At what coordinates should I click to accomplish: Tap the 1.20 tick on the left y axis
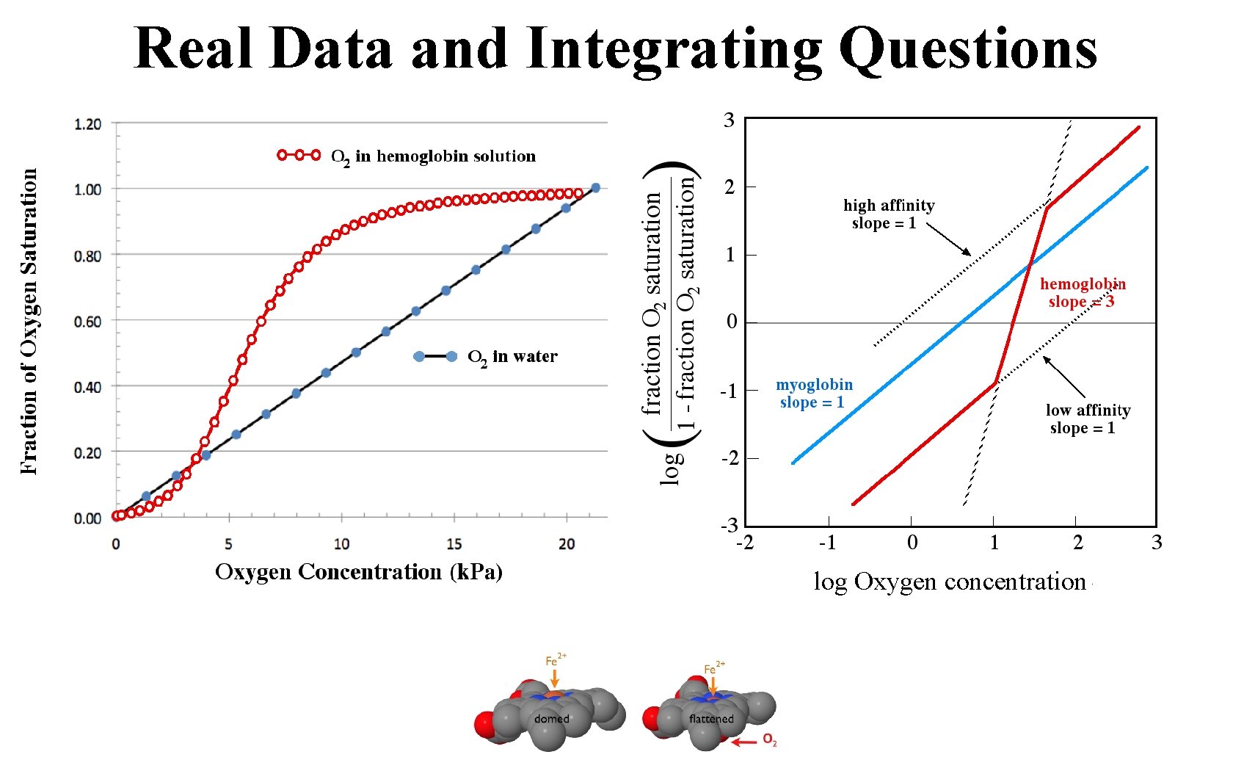[x=87, y=124]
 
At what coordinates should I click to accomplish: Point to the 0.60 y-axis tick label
[x=87, y=322]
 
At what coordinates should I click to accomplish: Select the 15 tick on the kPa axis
[x=454, y=544]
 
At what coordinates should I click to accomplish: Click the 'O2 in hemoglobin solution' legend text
[x=433, y=156]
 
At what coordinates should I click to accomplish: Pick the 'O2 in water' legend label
[x=512, y=357]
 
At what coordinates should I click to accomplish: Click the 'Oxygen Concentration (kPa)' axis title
[x=359, y=572]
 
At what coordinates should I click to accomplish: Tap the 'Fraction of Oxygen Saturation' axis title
[x=29, y=322]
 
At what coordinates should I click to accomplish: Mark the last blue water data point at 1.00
[x=595, y=188]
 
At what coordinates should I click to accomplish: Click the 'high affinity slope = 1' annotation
[x=888, y=214]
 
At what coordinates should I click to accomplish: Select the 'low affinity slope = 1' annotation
[x=1087, y=419]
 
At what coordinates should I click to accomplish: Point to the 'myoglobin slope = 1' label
[x=814, y=394]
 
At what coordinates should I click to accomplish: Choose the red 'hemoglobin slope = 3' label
[x=1083, y=293]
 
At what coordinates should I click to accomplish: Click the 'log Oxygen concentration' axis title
[x=950, y=582]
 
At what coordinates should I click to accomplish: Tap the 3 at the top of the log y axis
[x=729, y=120]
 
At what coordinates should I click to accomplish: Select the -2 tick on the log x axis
[x=745, y=543]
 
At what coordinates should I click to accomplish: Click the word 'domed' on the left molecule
[x=551, y=719]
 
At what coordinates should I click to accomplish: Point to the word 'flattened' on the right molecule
[x=711, y=719]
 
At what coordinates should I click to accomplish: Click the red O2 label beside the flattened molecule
[x=769, y=739]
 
